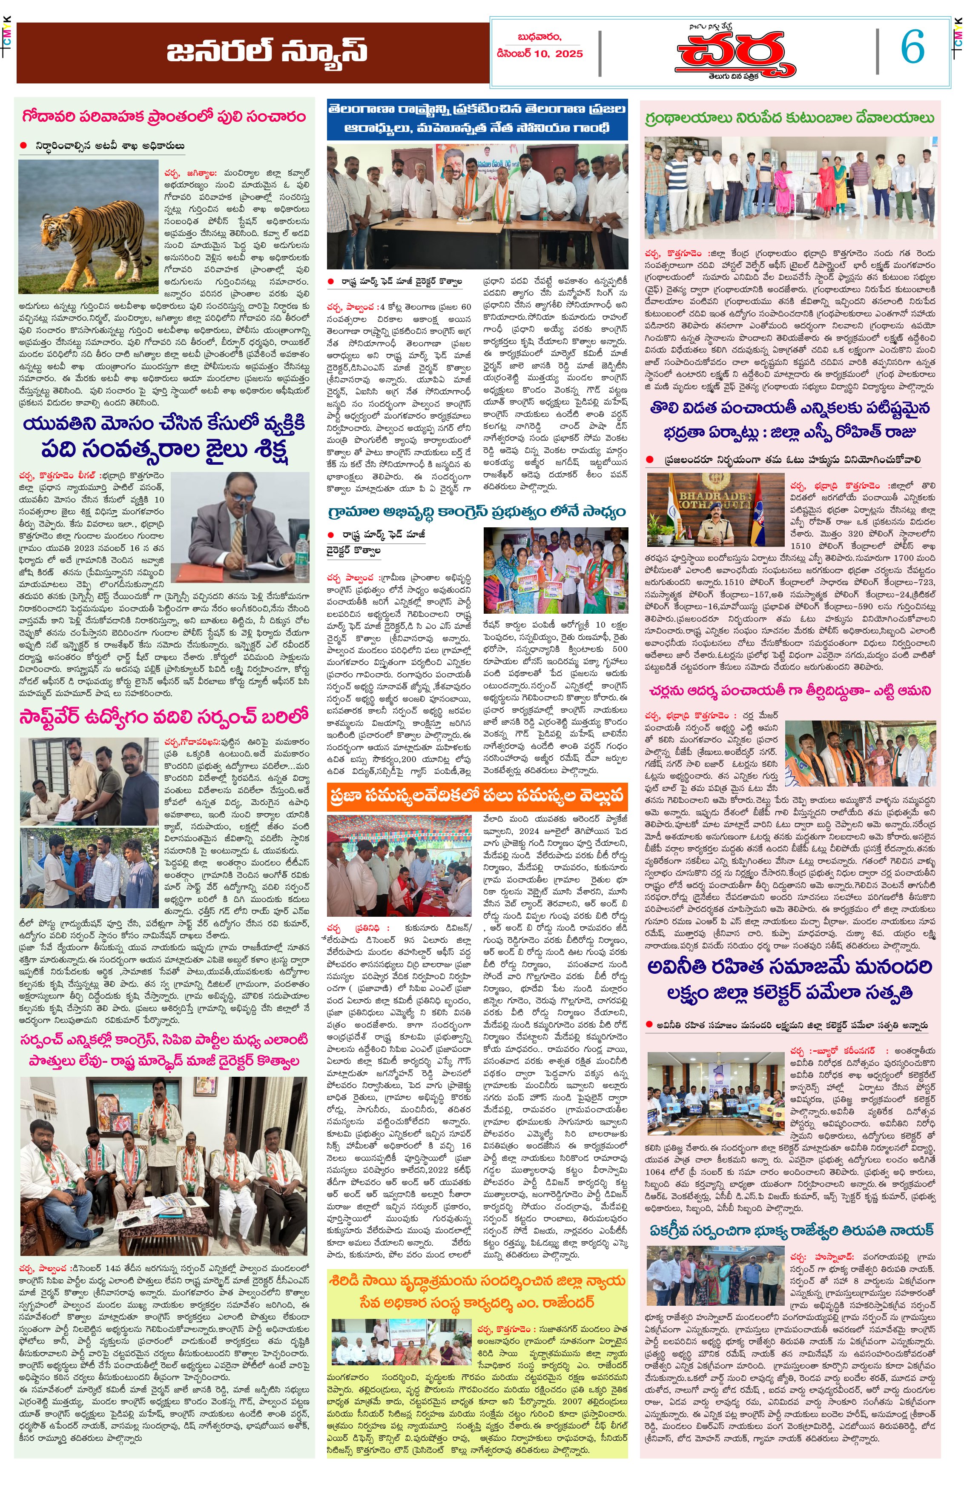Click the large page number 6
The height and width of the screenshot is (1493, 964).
tap(912, 48)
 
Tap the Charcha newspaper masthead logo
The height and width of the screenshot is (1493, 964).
tap(730, 53)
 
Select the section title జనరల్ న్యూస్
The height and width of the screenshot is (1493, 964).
tap(266, 52)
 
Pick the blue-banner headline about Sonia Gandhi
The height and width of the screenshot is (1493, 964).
tap(477, 118)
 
